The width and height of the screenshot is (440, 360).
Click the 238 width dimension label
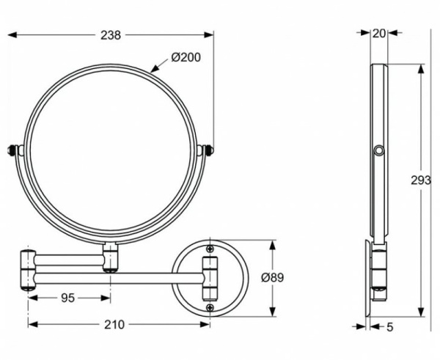(x=112, y=34)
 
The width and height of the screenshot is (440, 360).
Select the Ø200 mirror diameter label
(x=186, y=57)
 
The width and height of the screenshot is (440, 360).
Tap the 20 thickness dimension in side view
(x=378, y=32)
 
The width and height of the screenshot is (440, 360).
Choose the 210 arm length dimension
(x=113, y=324)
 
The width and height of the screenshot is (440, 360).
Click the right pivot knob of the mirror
(x=210, y=150)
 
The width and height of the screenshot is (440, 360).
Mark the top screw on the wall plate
(x=210, y=248)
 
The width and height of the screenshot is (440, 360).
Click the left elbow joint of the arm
(x=27, y=270)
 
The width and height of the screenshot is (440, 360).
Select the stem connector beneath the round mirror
(x=111, y=257)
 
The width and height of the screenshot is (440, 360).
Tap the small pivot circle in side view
(x=378, y=151)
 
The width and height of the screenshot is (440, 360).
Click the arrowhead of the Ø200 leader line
(x=154, y=70)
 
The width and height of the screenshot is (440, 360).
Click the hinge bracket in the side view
(x=378, y=271)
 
